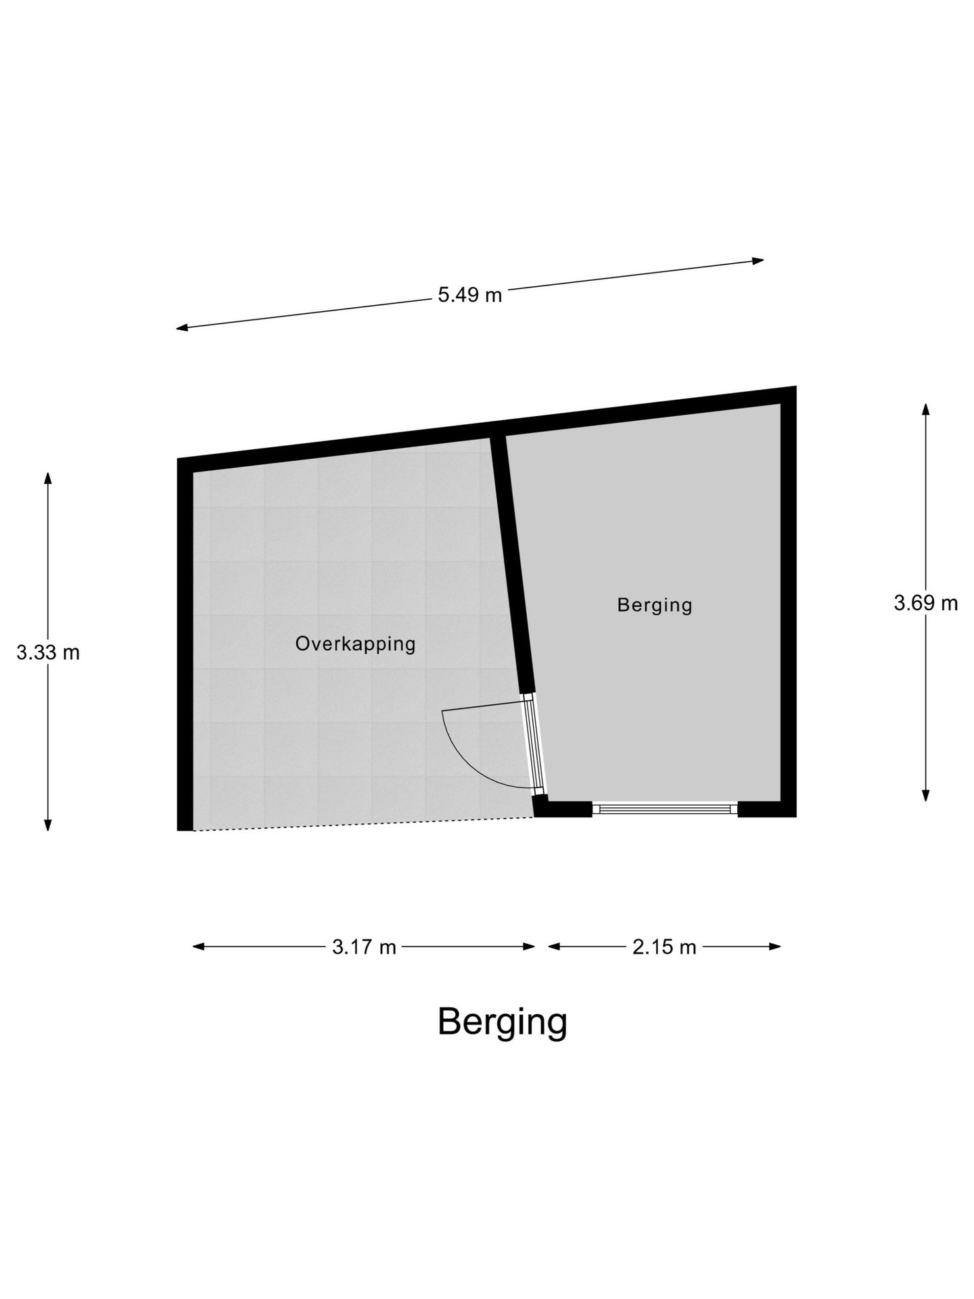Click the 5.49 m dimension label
coord(469,295)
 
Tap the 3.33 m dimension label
coord(48,652)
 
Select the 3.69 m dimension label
coord(926,603)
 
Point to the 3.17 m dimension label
coord(364,947)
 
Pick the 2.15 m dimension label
coord(664,947)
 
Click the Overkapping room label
coord(356,643)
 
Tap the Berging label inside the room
coord(655,604)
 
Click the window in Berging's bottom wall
coord(665,808)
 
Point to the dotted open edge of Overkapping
coord(364,824)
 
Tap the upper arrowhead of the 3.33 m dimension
coord(48,478)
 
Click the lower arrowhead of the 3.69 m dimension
coord(925,795)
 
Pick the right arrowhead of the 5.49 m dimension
coord(758,260)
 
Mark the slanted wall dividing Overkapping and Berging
coord(512,565)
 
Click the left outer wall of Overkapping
coord(185,645)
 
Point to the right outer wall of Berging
coord(789,601)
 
